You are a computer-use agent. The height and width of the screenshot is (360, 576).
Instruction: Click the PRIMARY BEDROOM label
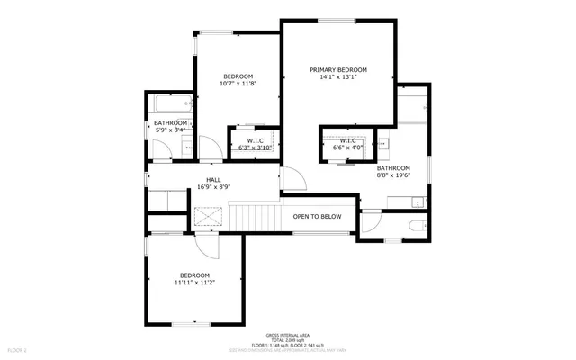(338, 69)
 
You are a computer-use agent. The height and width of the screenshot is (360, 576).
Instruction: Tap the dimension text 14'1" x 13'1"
(338, 77)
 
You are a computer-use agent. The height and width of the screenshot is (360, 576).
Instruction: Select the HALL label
(213, 180)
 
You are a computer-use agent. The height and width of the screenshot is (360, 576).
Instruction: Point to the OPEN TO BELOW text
(317, 216)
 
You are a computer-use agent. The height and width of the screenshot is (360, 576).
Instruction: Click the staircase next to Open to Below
(256, 217)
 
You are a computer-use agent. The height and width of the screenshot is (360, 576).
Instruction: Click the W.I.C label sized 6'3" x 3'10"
(254, 140)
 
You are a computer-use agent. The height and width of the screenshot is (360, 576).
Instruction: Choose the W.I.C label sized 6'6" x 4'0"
(349, 140)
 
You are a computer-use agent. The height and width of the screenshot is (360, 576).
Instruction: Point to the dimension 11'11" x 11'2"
(193, 283)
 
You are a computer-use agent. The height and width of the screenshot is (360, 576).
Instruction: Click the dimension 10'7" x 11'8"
(238, 84)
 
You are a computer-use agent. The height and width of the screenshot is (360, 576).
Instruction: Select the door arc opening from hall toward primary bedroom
(293, 180)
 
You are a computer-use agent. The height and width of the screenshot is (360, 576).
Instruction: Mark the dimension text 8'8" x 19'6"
(393, 175)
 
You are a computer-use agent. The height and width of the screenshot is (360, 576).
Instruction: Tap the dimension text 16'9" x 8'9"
(213, 187)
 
